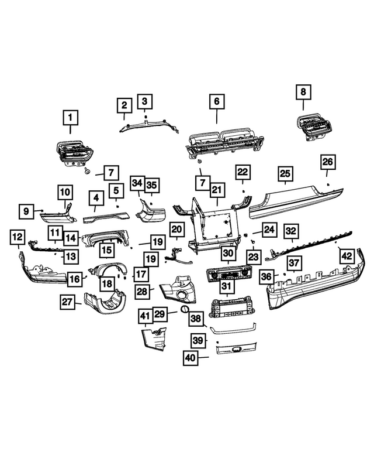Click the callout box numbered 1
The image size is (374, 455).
(x=71, y=118)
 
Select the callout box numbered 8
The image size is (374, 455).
(x=303, y=92)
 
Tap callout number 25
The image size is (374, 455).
(x=285, y=173)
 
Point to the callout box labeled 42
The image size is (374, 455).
(x=347, y=256)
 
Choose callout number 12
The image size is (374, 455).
(x=18, y=237)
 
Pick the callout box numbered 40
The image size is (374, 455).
(x=191, y=358)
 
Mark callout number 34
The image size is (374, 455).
(x=137, y=183)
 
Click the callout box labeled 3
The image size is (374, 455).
(x=145, y=101)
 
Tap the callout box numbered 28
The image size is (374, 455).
(x=142, y=292)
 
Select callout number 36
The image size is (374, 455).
(x=266, y=276)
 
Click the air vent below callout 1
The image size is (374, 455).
(x=74, y=153)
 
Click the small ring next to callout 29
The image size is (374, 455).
(x=185, y=309)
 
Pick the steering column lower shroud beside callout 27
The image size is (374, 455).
(x=105, y=302)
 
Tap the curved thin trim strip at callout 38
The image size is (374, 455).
(x=233, y=330)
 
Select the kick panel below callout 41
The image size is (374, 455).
(x=154, y=339)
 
